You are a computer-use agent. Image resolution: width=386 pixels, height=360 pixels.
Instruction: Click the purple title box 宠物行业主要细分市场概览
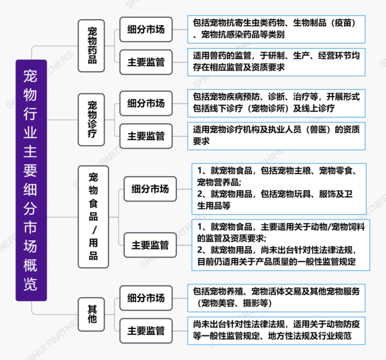[x=32, y=180]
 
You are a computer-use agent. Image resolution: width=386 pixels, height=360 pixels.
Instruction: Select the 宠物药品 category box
[x=91, y=46]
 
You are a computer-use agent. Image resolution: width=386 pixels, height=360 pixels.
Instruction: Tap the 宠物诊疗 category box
[x=91, y=120]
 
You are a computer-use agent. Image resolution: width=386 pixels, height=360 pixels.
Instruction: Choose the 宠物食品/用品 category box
[x=93, y=217]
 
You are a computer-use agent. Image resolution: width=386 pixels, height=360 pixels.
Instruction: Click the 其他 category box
[x=91, y=314]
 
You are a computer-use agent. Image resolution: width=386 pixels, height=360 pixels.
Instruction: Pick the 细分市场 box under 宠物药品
[x=146, y=30]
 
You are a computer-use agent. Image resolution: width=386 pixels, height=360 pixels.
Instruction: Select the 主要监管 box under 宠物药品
[x=146, y=62]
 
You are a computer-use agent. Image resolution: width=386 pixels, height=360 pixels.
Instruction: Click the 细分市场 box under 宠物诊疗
[x=146, y=104]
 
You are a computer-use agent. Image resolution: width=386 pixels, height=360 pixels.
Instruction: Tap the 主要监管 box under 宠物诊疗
[x=146, y=136]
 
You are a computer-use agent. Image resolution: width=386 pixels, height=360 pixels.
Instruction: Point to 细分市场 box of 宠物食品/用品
[x=150, y=189]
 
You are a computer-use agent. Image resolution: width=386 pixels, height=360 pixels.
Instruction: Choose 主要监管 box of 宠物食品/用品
[x=150, y=245]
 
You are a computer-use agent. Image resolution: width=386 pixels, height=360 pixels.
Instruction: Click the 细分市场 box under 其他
[x=146, y=298]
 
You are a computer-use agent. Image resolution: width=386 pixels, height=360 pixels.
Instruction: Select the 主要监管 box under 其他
[x=146, y=330]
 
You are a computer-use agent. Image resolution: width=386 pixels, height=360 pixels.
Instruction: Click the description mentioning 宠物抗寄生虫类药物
[x=276, y=30]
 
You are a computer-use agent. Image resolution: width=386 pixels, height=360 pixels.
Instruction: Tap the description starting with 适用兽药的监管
[x=276, y=62]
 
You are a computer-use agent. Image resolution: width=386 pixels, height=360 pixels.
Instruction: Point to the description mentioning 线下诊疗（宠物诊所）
[x=276, y=104]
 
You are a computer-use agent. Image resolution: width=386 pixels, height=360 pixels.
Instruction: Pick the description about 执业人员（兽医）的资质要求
[x=276, y=136]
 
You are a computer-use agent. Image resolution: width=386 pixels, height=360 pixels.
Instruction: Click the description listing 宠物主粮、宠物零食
[x=279, y=189]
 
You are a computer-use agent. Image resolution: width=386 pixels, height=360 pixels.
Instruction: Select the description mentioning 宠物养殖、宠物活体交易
[x=276, y=298]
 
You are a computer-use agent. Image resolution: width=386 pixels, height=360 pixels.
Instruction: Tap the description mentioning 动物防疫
[x=276, y=330]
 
